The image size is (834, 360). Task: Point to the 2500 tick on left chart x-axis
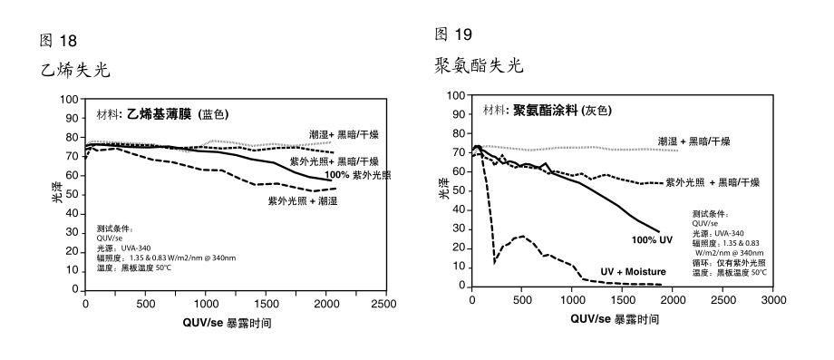click(384, 304)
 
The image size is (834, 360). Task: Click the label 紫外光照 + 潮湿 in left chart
click(302, 200)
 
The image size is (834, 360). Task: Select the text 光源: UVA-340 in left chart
click(124, 247)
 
